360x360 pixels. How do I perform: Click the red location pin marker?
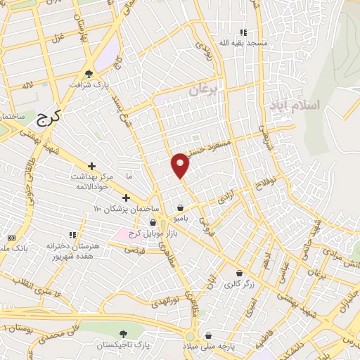181,165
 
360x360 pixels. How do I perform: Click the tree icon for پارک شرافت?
89,73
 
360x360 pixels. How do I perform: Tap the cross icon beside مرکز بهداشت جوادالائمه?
91,165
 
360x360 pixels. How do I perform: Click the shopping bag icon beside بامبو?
181,208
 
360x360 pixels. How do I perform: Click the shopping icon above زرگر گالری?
239,274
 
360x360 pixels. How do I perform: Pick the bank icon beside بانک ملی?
11,239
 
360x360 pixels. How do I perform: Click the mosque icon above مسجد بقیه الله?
243,32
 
